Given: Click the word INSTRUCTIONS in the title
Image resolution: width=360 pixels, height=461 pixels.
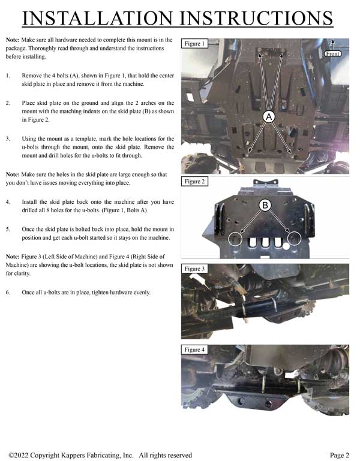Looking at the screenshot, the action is coord(256,18).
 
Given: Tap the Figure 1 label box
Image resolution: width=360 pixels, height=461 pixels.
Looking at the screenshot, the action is coord(194,44).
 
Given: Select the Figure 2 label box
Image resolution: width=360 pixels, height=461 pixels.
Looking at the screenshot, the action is coord(194,182).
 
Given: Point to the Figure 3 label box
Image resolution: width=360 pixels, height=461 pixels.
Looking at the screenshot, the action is coord(194,269).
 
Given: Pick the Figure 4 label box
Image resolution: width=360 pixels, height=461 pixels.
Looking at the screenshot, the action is coord(194,349).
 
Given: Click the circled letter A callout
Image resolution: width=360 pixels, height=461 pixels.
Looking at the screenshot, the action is coord(269,117).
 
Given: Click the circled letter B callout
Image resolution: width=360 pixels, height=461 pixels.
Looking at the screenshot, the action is coord(265,205).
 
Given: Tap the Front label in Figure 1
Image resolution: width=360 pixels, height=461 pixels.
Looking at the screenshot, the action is coord(332,54).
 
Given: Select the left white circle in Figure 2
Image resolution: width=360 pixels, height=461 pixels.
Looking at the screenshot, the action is coord(235,239).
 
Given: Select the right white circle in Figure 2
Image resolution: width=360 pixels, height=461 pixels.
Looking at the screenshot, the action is coord(294,239).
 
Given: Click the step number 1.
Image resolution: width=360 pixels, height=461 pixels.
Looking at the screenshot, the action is coord(8,76).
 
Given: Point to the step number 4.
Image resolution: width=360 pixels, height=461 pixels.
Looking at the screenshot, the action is coord(8,202).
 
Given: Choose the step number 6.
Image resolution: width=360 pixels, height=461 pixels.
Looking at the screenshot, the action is coord(8,293).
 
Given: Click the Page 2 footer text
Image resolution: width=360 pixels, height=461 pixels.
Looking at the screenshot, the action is coord(340,455).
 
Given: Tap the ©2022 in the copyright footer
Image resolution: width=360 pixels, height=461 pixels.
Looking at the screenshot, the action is coord(19,455).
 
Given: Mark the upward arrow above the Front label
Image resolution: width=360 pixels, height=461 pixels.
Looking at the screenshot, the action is coord(332,45).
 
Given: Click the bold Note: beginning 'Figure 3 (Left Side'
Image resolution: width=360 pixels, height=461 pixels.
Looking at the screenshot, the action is coord(13,257).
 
